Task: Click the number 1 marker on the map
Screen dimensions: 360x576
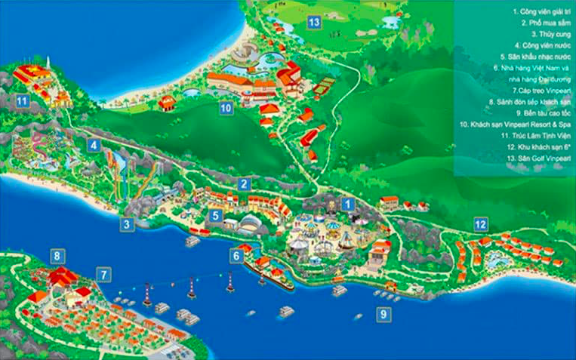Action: coord(347,204)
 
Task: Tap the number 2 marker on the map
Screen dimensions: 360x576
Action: coord(243,183)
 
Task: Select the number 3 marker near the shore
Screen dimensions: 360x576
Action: coord(127,223)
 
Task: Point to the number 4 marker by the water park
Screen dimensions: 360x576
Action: coord(93,145)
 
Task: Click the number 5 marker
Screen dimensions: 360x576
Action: coord(215,217)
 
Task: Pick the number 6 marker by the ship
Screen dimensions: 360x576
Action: coord(236,256)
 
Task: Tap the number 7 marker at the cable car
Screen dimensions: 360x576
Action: coord(103,275)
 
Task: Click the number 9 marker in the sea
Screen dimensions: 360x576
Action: coord(384,314)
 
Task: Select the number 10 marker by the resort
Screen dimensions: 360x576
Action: coord(225,109)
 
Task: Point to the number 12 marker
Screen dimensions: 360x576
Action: coord(480,223)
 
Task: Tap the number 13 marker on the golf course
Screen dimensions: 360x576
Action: coord(314,23)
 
